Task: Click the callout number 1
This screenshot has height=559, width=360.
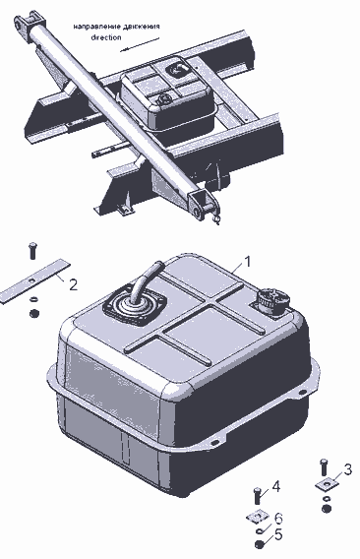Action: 247,261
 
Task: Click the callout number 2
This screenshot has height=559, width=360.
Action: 73,284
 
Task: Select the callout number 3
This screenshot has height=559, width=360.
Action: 347,469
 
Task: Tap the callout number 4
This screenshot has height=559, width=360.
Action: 275,486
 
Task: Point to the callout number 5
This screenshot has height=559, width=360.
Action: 278,534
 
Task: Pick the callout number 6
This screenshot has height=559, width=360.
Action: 278,518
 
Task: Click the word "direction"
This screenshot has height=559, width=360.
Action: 106,37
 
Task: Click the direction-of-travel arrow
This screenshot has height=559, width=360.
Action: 140,44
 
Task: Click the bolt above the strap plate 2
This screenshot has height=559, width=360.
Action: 32,251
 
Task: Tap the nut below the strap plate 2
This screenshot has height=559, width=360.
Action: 33,314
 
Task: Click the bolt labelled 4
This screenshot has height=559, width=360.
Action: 259,495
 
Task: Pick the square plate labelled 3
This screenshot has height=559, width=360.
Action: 328,484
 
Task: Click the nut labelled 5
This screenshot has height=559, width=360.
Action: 260,544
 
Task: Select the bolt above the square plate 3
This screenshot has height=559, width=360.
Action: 324,467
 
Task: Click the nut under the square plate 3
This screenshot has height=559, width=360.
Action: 327,509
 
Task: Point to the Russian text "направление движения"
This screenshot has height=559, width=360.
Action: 116,27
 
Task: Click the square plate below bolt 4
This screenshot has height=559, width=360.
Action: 258,518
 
